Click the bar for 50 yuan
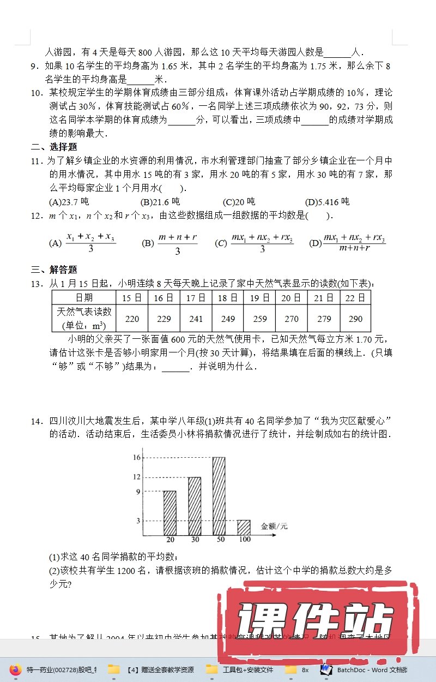click(219, 496)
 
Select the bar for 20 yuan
click(170, 513)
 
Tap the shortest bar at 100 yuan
click(244, 527)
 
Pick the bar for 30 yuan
click(195, 506)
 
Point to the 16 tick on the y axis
click(137, 457)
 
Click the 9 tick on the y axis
click(138, 492)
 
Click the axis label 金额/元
click(274, 527)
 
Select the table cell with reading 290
click(355, 319)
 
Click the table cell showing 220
click(132, 319)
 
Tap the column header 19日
click(259, 297)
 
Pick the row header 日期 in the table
click(84, 297)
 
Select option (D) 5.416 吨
click(327, 202)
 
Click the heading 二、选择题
click(53, 147)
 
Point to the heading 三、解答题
click(53, 270)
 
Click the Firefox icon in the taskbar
click(16, 669)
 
